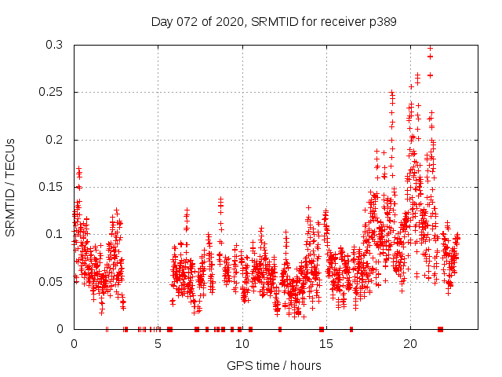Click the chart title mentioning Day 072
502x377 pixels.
(274, 22)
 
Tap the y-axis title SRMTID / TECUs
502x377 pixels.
(11, 186)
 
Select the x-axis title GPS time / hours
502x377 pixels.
(274, 365)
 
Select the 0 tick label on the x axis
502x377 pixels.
(74, 344)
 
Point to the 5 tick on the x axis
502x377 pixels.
(158, 344)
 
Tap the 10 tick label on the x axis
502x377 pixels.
(242, 344)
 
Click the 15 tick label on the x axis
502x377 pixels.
(326, 344)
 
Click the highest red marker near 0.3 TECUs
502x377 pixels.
(430, 48)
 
